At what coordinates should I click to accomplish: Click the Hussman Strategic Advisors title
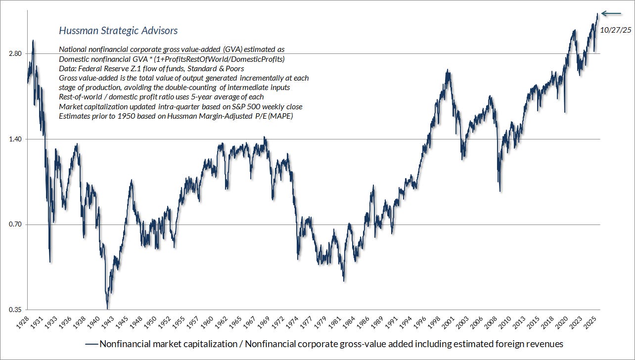click(118, 31)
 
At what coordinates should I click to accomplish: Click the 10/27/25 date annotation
click(615, 30)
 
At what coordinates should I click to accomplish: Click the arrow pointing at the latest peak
click(611, 14)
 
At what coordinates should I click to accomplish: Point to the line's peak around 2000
click(447, 71)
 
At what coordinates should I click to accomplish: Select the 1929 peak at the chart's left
click(33, 41)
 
